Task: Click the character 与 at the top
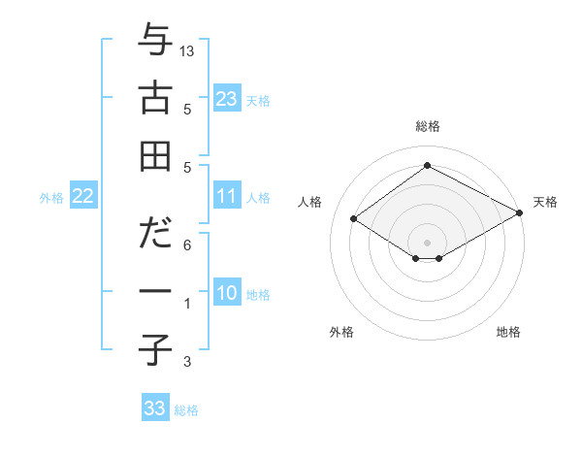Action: (155, 43)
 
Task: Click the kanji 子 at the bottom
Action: (155, 346)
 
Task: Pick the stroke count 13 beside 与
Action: (187, 49)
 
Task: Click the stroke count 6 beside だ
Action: (187, 244)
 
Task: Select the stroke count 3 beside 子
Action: (187, 362)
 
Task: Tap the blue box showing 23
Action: (227, 99)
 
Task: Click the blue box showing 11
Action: (227, 196)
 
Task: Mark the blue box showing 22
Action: (83, 196)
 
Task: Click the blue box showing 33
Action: (155, 408)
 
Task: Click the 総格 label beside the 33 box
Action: (186, 410)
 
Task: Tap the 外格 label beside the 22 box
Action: (51, 198)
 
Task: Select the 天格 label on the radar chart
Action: (545, 202)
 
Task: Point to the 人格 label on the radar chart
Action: (310, 202)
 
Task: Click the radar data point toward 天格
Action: (519, 212)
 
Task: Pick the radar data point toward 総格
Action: (427, 165)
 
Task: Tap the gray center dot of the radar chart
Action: (427, 241)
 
